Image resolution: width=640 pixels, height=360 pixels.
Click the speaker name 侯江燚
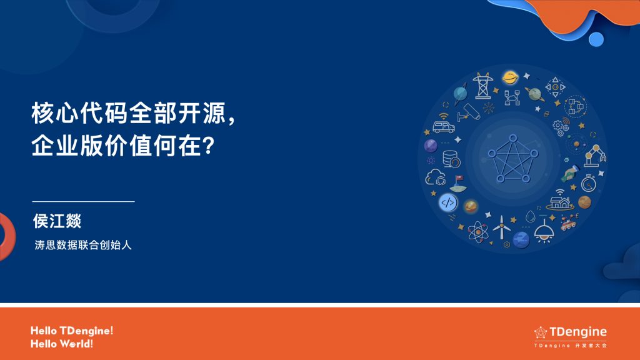(x=57, y=221)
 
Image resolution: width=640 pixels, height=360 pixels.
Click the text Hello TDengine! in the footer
(x=72, y=331)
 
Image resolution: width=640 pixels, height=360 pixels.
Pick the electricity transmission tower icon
(x=482, y=86)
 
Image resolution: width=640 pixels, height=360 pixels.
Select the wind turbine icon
(x=501, y=228)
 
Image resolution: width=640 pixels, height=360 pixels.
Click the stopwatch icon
(x=588, y=183)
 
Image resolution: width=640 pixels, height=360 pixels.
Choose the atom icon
(x=478, y=232)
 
